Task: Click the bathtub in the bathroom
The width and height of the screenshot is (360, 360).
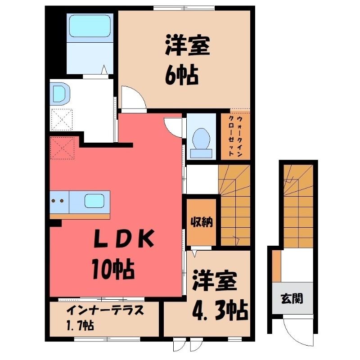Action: [90, 26]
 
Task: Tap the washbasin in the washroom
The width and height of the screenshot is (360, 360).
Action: [60, 94]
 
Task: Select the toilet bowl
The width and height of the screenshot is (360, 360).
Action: [201, 143]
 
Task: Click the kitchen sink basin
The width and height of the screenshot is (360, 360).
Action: [94, 201]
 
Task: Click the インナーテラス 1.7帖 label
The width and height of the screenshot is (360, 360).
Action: [104, 318]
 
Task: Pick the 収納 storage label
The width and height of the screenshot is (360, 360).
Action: [202, 222]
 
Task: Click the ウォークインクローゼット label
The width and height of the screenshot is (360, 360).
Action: [235, 136]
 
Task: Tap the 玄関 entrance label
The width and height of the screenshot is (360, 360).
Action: [292, 299]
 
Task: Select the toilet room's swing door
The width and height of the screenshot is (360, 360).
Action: [174, 128]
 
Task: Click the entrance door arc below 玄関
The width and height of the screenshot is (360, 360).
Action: [298, 332]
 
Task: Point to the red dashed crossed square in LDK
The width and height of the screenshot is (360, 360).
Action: [63, 148]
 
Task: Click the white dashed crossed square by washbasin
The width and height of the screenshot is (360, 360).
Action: [61, 120]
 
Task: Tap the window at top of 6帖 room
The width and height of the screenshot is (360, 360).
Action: [184, 8]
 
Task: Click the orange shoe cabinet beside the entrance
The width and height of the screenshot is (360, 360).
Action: [276, 266]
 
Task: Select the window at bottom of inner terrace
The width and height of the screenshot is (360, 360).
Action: [108, 339]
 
